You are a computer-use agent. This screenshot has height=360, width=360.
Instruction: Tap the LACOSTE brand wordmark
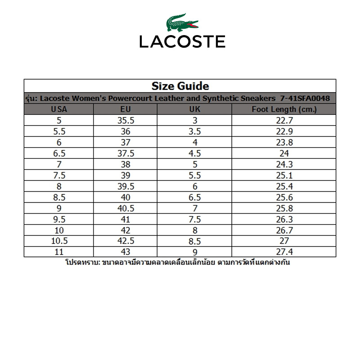tap(182, 42)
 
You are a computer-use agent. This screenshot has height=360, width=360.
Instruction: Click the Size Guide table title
tap(180, 86)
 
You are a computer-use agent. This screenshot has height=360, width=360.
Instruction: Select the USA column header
tap(59, 109)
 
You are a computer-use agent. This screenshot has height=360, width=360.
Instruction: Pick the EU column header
tap(126, 109)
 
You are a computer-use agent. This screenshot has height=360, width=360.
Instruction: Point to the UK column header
tap(195, 109)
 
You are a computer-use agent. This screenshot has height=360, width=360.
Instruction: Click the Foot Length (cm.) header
tap(284, 109)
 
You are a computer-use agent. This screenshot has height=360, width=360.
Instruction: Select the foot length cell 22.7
tap(284, 120)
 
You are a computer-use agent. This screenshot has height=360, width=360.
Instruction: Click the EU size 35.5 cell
tap(126, 120)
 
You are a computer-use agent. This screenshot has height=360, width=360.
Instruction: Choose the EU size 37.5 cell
tap(126, 153)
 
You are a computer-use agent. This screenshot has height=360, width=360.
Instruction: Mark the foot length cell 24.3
tap(284, 164)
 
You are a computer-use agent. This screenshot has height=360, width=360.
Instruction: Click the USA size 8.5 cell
tap(59, 197)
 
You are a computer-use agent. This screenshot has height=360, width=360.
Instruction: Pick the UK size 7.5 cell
tap(195, 219)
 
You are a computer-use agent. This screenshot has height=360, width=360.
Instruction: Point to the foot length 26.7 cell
tap(284, 230)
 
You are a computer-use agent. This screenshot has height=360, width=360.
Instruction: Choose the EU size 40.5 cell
tap(126, 208)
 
